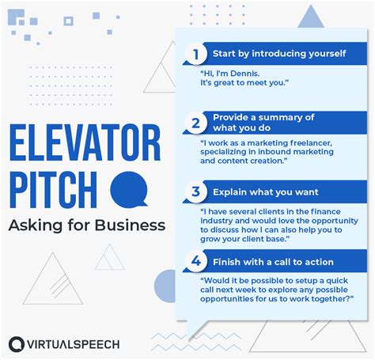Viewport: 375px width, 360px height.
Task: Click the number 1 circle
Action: point(193,55)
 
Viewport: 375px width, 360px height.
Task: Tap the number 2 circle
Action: point(193,123)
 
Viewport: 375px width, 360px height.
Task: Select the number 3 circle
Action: point(193,191)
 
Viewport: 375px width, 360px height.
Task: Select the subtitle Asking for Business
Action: point(87,225)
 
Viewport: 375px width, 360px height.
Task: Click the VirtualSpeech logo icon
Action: point(17,343)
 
